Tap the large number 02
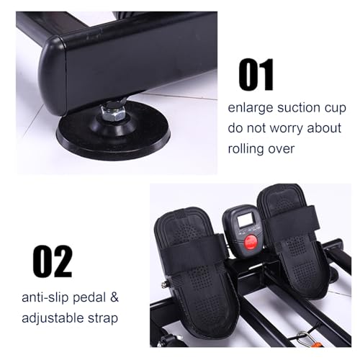[x=53, y=261]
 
